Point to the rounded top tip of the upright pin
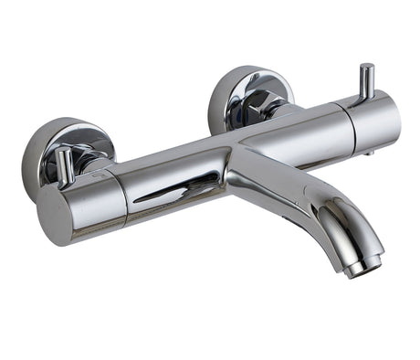[366, 68]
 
